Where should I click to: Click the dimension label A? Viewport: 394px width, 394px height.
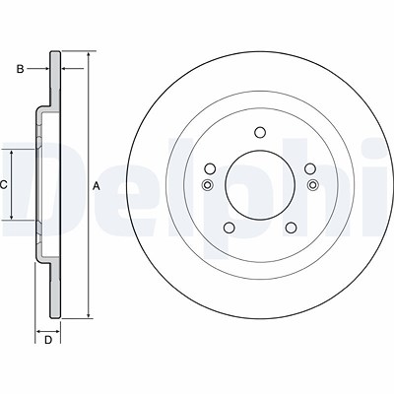pos(96,186)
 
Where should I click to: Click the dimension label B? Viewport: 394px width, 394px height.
pos(20,69)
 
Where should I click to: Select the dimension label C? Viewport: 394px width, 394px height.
pos(3,185)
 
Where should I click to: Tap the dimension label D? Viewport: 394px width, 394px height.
pos(48,340)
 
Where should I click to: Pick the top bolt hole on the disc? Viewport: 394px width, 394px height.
pos(260,133)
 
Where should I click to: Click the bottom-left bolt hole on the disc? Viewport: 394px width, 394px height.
pos(229,228)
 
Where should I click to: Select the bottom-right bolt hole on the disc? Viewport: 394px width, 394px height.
pos(291,228)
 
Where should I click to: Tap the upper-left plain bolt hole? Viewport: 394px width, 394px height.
pos(210,169)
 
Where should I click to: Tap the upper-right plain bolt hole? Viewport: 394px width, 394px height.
pos(310,169)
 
